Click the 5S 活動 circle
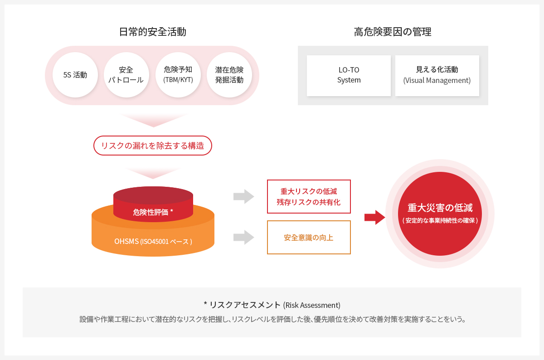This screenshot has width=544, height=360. click(x=75, y=75)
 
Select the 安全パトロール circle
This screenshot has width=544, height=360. click(x=126, y=75)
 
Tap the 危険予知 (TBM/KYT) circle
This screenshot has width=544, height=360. click(x=178, y=75)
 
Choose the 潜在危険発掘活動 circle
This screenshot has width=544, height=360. click(x=229, y=75)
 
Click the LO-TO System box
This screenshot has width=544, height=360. click(x=349, y=76)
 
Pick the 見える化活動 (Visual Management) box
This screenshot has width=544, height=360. click(x=437, y=76)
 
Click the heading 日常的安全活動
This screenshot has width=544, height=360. click(x=152, y=32)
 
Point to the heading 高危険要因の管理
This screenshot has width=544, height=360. click(x=393, y=32)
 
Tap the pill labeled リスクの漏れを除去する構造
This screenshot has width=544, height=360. click(x=153, y=146)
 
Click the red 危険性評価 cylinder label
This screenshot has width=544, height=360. click(x=153, y=212)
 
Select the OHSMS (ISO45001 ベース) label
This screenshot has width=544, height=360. click(x=153, y=242)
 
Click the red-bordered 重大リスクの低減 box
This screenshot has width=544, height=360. click(x=309, y=196)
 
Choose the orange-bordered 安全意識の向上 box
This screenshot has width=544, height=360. click(x=309, y=237)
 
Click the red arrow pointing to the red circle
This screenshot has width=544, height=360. click(x=375, y=218)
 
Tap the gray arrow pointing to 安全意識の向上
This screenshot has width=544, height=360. click(x=244, y=237)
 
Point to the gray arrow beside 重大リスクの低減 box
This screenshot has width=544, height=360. click(x=244, y=196)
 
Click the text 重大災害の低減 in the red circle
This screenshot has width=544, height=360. click(x=440, y=208)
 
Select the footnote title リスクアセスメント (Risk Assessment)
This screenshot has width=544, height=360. click(x=272, y=305)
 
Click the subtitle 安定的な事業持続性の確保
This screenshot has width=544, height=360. click(x=440, y=220)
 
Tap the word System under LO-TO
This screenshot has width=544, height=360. click(x=349, y=80)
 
